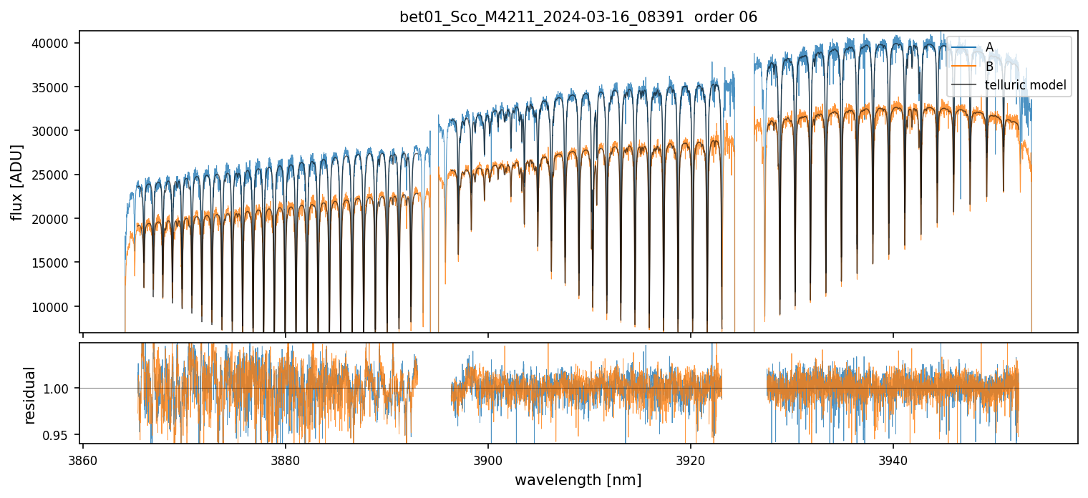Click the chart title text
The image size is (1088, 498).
coord(578,17)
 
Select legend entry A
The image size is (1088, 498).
coord(989,47)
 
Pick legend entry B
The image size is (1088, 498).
coord(989,67)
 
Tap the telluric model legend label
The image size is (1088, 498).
coord(1026,86)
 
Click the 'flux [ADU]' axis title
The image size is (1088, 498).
coord(16,182)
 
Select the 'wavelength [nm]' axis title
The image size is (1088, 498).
coord(578,479)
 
